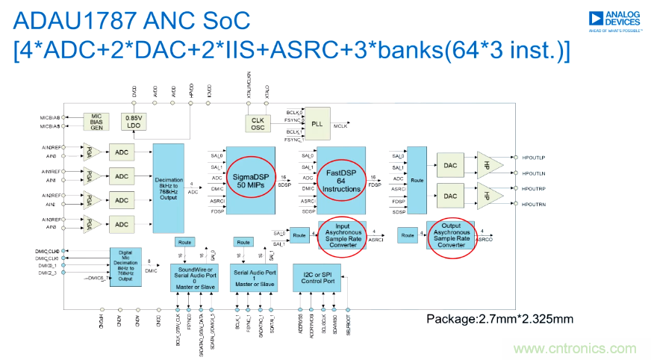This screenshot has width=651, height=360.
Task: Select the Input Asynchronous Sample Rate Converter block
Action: pyautogui.click(x=341, y=234)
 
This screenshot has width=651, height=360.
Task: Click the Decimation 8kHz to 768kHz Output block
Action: pyautogui.click(x=172, y=187)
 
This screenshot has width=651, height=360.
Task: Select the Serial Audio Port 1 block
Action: pyautogui.click(x=253, y=276)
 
